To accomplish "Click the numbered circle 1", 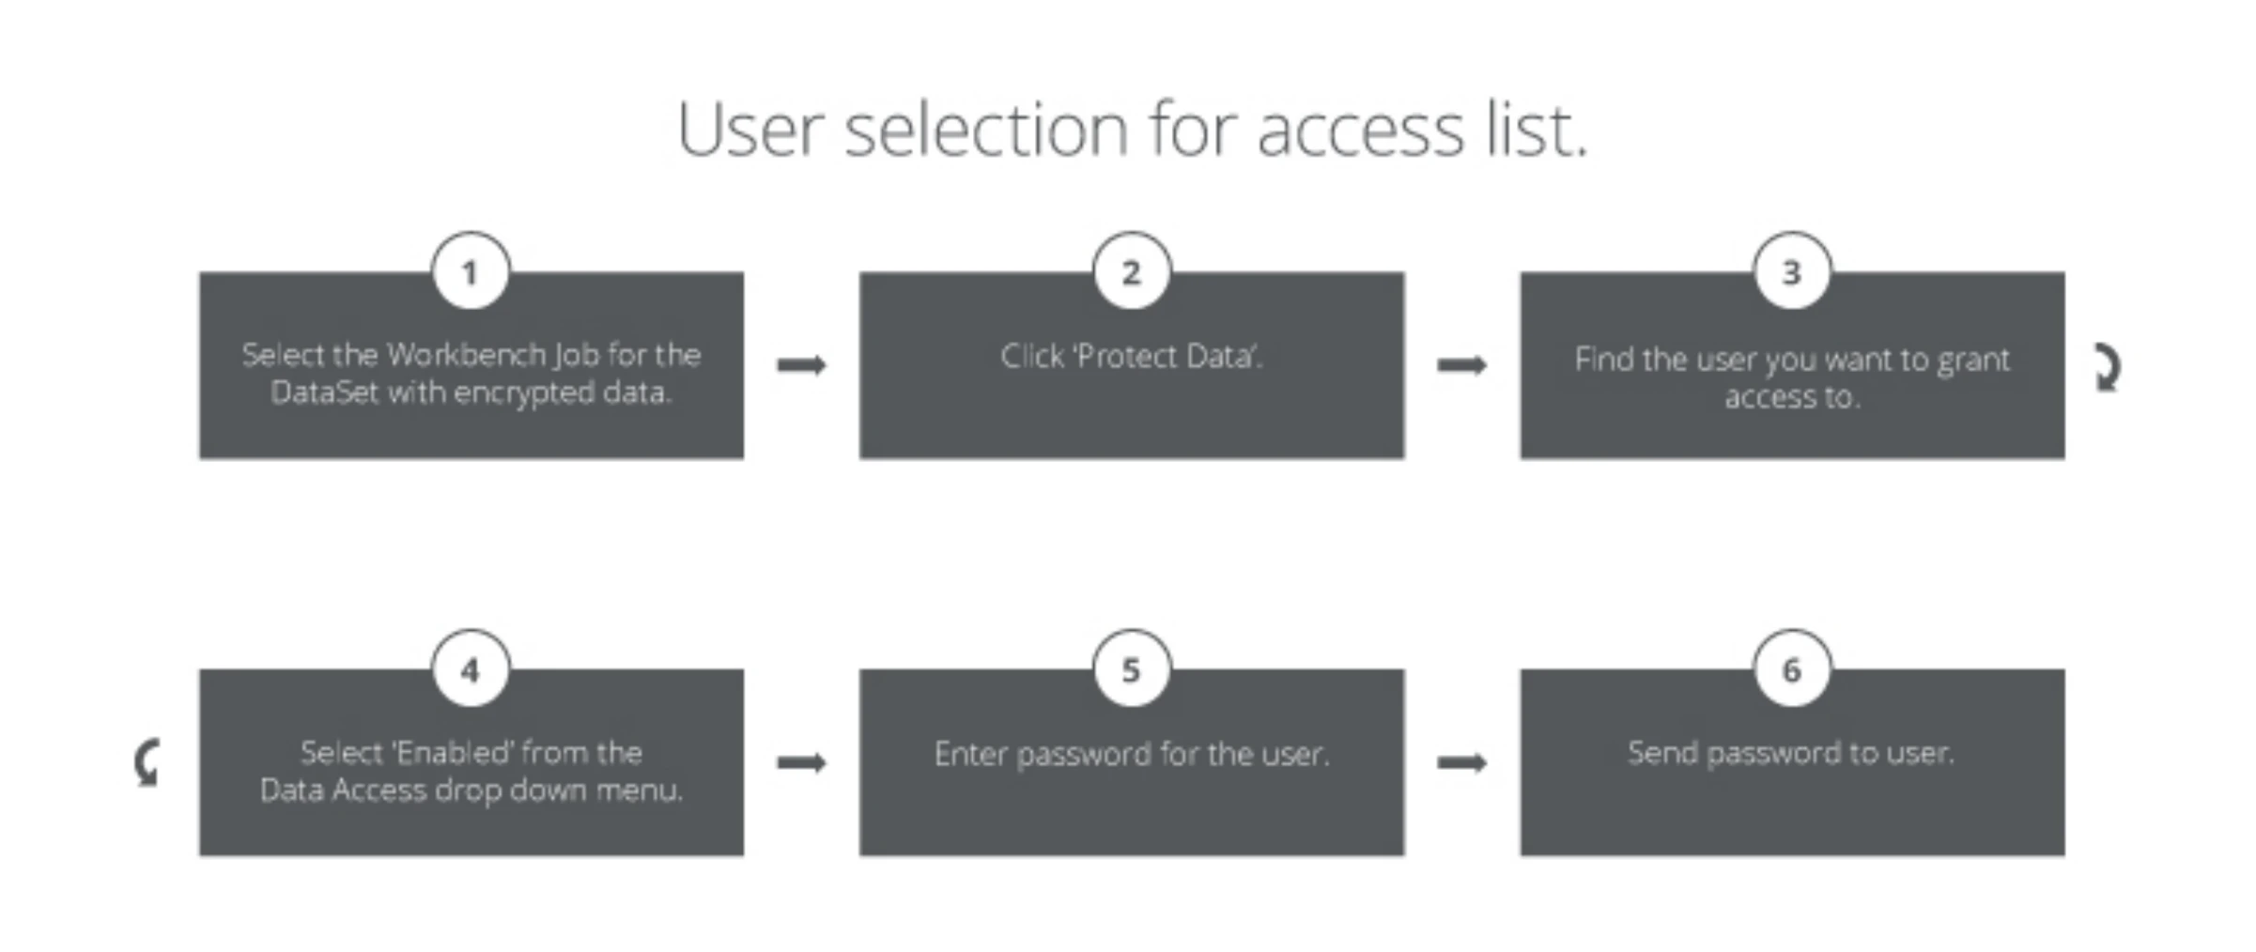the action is point(471,271).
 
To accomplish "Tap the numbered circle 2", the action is point(1132,271).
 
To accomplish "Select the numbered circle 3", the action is point(1792,271).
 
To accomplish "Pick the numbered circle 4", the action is point(471,668).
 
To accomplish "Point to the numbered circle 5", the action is point(1132,668).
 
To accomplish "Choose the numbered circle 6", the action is point(1792,668).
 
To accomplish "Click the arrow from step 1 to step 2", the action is point(801,364).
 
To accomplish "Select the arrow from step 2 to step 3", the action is point(1462,364).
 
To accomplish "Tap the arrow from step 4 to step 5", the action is point(801,761).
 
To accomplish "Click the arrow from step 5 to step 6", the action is point(1462,761).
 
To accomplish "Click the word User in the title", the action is point(749,130).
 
